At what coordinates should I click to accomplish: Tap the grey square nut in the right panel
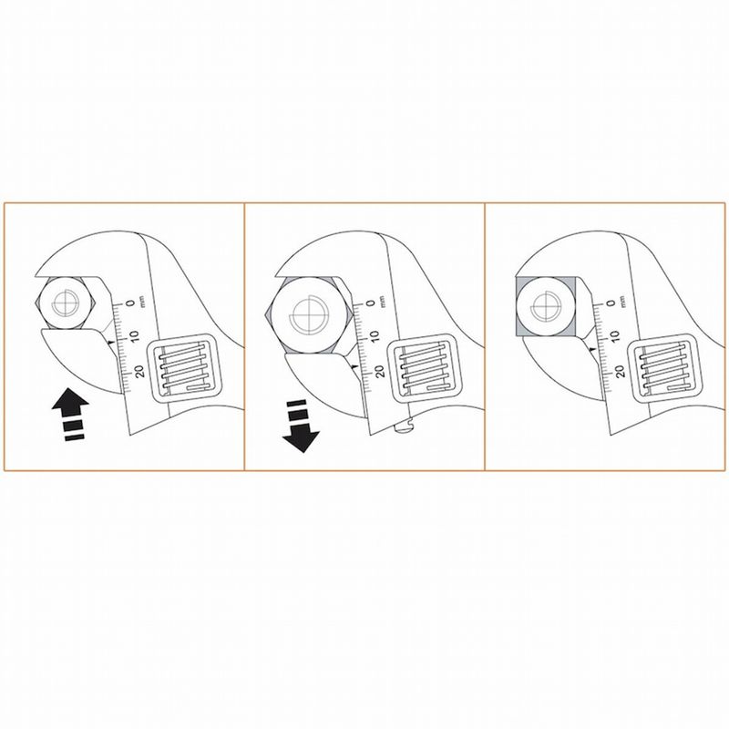click(546, 306)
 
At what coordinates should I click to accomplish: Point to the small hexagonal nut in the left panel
click(65, 303)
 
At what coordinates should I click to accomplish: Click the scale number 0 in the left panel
click(130, 303)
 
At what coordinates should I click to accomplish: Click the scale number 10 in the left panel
click(134, 335)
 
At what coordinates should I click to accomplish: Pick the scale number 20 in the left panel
click(139, 372)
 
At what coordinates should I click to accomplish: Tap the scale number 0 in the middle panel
click(370, 303)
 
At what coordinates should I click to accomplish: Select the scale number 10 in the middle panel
click(374, 335)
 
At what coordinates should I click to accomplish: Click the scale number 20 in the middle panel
click(378, 372)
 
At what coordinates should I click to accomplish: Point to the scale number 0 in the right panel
click(611, 303)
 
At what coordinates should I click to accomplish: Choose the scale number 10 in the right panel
click(614, 335)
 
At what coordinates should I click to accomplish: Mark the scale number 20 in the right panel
click(619, 372)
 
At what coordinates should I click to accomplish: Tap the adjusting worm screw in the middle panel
click(424, 366)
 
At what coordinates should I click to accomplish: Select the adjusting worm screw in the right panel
click(664, 366)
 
